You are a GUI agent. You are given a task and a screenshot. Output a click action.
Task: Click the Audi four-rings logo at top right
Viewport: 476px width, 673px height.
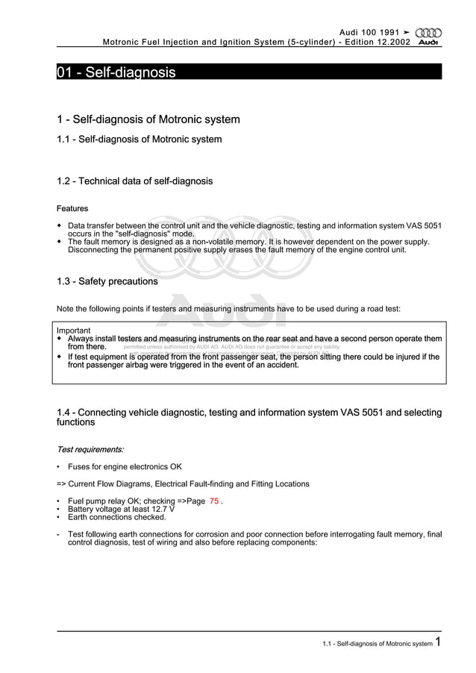[x=428, y=32]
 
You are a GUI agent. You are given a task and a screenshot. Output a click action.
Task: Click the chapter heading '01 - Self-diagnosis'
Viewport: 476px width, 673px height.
[x=116, y=72]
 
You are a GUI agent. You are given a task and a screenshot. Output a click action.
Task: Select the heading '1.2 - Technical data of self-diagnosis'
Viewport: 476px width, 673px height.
[x=134, y=181]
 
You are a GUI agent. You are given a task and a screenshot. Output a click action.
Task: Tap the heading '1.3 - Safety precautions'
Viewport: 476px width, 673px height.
[x=107, y=282]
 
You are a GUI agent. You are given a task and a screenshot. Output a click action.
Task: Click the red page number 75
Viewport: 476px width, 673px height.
[x=214, y=501]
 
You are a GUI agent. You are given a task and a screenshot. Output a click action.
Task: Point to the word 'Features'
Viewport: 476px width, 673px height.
[x=72, y=209]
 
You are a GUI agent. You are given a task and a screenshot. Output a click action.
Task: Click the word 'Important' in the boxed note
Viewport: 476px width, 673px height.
[x=74, y=331]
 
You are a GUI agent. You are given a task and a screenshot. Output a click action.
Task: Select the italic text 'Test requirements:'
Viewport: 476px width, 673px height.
[x=90, y=450]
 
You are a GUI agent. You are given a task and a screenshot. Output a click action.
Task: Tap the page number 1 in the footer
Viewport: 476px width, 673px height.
[x=439, y=642]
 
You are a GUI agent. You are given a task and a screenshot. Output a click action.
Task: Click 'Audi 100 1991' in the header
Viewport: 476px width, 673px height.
[x=371, y=32]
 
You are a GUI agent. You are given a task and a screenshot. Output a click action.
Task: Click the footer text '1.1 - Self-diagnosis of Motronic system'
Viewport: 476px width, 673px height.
[x=377, y=643]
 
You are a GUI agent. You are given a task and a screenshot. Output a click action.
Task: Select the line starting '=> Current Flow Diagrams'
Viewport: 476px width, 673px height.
[x=183, y=484]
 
